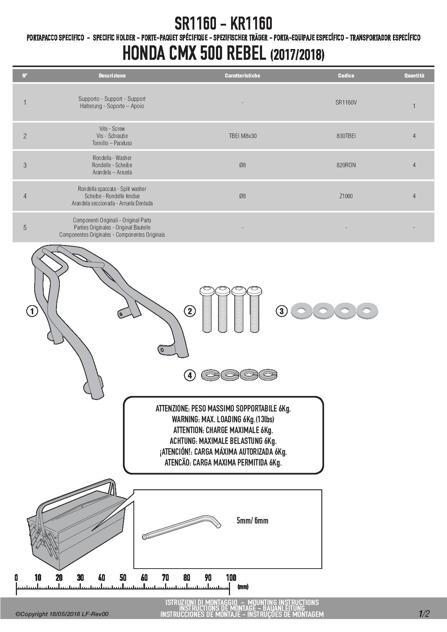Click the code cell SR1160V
[x=346, y=102]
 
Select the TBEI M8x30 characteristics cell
[x=243, y=136]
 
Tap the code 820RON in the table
[x=346, y=165]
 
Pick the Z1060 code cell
[x=346, y=196]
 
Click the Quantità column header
[x=414, y=76]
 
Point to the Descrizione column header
[x=112, y=76]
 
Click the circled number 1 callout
[x=32, y=311]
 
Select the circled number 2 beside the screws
[x=190, y=311]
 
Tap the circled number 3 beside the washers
[x=282, y=311]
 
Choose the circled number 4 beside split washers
[x=190, y=375]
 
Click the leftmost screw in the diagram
[x=207, y=309]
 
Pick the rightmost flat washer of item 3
[x=367, y=310]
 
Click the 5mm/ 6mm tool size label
[x=252, y=520]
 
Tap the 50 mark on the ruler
[x=123, y=578]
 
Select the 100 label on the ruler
[x=231, y=578]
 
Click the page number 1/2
[x=424, y=614]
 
